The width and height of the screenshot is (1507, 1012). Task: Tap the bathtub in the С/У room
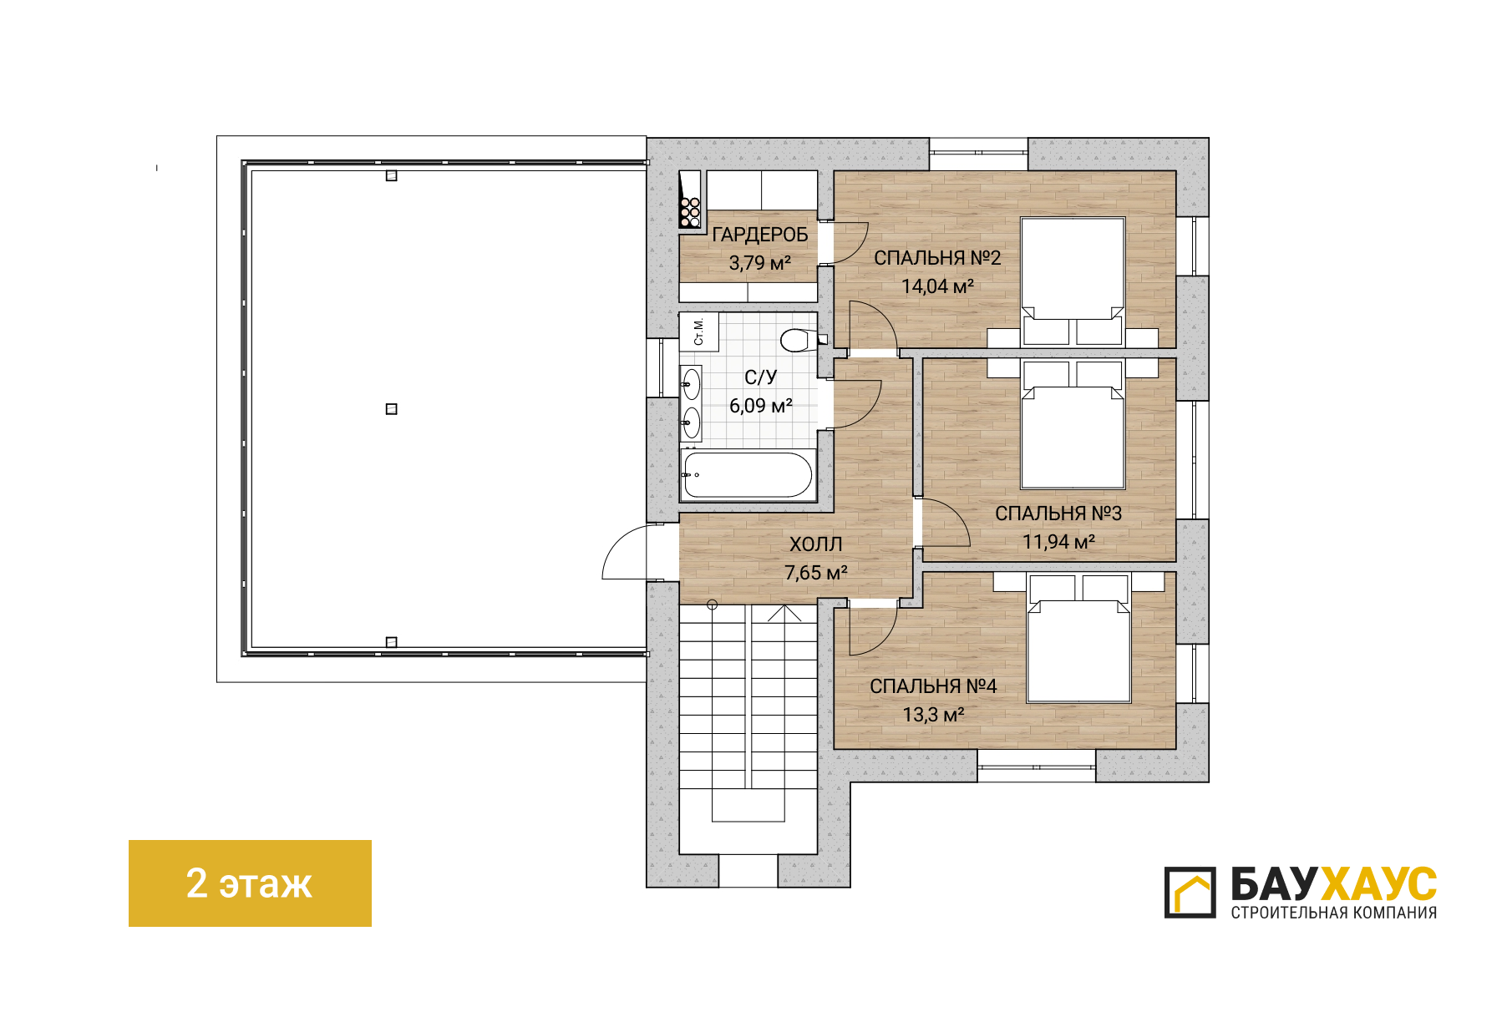point(748,475)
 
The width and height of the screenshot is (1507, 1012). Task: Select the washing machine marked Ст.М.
point(698,331)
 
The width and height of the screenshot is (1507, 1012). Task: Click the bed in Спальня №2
point(1073,281)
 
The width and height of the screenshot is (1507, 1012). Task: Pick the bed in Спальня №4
point(1078,639)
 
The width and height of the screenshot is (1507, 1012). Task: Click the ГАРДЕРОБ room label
point(759,235)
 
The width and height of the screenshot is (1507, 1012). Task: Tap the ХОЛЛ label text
point(816,544)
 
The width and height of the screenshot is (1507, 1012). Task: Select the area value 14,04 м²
point(937,286)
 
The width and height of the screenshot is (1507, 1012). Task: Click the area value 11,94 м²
point(1058,542)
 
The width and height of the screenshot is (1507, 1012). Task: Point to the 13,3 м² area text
point(933,715)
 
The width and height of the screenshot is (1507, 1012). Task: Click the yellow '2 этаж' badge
point(250,883)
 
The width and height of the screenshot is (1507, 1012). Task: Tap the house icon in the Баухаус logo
point(1190,893)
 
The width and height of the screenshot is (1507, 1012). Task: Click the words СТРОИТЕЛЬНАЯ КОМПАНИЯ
point(1333,913)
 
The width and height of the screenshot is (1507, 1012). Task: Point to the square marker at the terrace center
point(391,409)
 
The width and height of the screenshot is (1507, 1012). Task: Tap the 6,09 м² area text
point(760,406)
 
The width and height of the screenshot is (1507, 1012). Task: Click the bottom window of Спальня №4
point(1036,766)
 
